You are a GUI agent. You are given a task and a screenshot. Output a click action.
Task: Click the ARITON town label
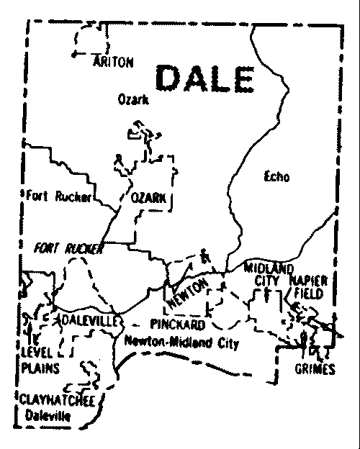click(x=114, y=63)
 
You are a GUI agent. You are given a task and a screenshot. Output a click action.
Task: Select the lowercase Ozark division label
click(x=133, y=101)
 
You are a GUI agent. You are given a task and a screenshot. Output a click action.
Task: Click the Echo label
click(x=277, y=176)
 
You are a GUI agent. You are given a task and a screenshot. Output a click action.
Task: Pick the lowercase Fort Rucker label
click(x=58, y=196)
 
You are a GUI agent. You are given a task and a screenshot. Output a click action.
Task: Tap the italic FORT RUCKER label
click(x=69, y=248)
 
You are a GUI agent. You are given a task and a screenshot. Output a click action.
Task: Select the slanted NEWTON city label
click(x=189, y=282)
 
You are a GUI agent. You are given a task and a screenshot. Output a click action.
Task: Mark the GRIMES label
click(x=315, y=369)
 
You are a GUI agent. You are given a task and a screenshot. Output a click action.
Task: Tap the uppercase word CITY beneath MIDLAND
click(x=264, y=281)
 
